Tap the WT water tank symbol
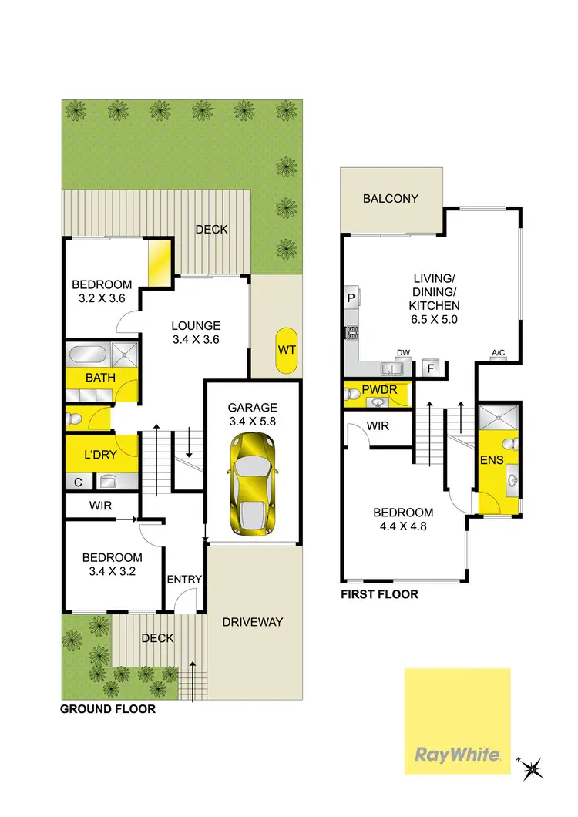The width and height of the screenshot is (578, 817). point(287,350)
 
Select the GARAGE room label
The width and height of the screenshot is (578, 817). point(252,407)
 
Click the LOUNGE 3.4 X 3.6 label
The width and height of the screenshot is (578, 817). point(196,332)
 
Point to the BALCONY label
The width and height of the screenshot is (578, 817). point(391,198)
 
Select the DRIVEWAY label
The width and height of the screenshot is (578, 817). point(253,622)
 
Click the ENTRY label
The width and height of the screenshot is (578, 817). point(184,580)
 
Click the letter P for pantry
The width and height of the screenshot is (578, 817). point(351,297)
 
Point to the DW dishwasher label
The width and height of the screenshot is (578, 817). point(402,353)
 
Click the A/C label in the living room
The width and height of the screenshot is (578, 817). point(498,354)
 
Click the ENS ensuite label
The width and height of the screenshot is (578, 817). point(491,461)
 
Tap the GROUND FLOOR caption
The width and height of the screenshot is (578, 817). point(108,708)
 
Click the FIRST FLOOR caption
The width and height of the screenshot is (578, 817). point(380,594)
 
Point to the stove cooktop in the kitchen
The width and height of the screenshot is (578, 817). point(351,333)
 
